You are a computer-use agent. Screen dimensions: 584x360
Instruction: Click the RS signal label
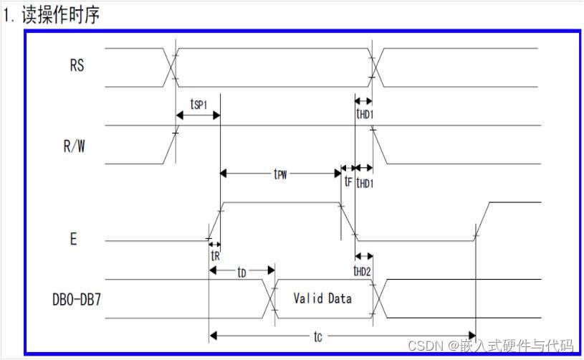tap(77, 66)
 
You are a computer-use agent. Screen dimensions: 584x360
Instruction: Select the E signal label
tap(73, 240)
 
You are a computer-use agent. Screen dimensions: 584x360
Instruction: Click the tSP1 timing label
tap(198, 104)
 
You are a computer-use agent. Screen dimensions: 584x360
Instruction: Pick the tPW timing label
tap(282, 174)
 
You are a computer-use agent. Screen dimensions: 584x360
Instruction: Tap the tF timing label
tap(348, 182)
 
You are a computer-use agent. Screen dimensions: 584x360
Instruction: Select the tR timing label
tap(214, 254)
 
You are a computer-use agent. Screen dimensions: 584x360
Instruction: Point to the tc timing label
tap(317, 336)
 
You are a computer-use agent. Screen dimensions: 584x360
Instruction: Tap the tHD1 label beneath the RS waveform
tap(365, 113)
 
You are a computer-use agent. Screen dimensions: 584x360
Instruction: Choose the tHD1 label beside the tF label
tap(365, 183)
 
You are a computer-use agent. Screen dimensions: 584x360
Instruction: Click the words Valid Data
tap(322, 298)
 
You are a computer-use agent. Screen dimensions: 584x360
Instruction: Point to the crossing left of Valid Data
tap(273, 297)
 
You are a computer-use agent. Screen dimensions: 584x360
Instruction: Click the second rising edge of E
tap(480, 222)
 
